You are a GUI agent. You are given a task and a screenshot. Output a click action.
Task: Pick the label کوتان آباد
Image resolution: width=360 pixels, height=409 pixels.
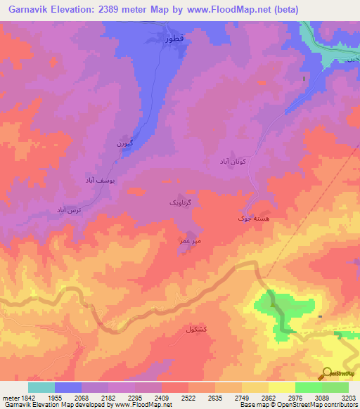229,161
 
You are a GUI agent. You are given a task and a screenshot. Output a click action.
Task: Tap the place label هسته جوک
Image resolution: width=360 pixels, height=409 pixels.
252,219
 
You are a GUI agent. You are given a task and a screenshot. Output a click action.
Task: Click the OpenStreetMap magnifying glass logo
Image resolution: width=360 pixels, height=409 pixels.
327,372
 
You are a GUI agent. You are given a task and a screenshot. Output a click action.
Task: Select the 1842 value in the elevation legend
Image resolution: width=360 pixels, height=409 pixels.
26,398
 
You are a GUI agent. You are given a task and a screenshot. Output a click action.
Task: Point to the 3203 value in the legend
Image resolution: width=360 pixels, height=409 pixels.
348,398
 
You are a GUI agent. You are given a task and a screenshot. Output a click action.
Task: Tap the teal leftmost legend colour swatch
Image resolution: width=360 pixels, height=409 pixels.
41,387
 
